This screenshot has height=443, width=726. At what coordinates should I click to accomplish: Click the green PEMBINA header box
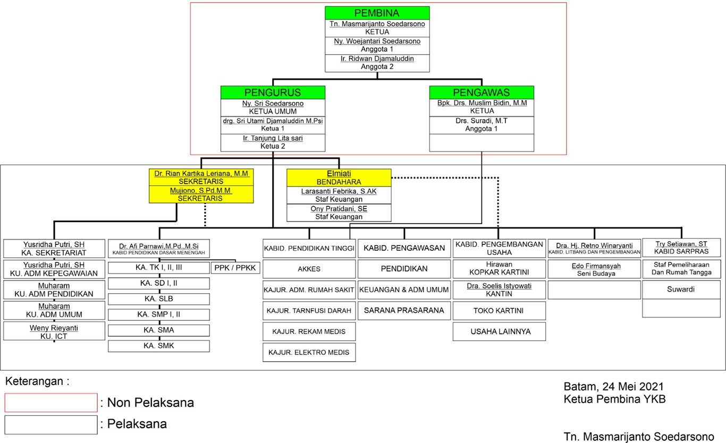pos(377,13)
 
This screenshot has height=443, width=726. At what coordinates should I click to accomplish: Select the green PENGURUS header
pos(273,92)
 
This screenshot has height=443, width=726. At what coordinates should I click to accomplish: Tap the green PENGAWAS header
pos(482,92)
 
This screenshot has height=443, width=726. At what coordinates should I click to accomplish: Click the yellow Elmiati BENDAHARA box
pos(339,177)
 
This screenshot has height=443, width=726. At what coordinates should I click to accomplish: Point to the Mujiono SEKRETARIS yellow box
pos(201,194)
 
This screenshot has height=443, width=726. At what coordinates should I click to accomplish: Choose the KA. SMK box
pos(159,346)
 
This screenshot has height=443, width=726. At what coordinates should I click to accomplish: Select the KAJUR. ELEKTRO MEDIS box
pos(309,352)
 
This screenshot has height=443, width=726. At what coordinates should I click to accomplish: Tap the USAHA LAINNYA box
pos(500,331)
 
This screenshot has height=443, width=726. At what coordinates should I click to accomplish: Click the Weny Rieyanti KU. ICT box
pos(54,331)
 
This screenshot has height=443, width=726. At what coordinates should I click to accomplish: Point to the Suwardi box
pos(681,289)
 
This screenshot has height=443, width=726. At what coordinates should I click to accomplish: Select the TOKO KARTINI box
pos(499,311)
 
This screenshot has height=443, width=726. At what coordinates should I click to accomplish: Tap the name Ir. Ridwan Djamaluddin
pos(377,58)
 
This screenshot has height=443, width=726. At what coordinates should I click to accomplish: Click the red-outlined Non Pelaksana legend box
pos(51,402)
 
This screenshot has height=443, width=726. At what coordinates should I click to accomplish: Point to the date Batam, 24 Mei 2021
pos(613,386)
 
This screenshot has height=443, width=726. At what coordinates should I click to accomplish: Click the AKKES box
pos(309,269)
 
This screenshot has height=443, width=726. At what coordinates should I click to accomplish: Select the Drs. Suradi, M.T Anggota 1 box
pos(482,125)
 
